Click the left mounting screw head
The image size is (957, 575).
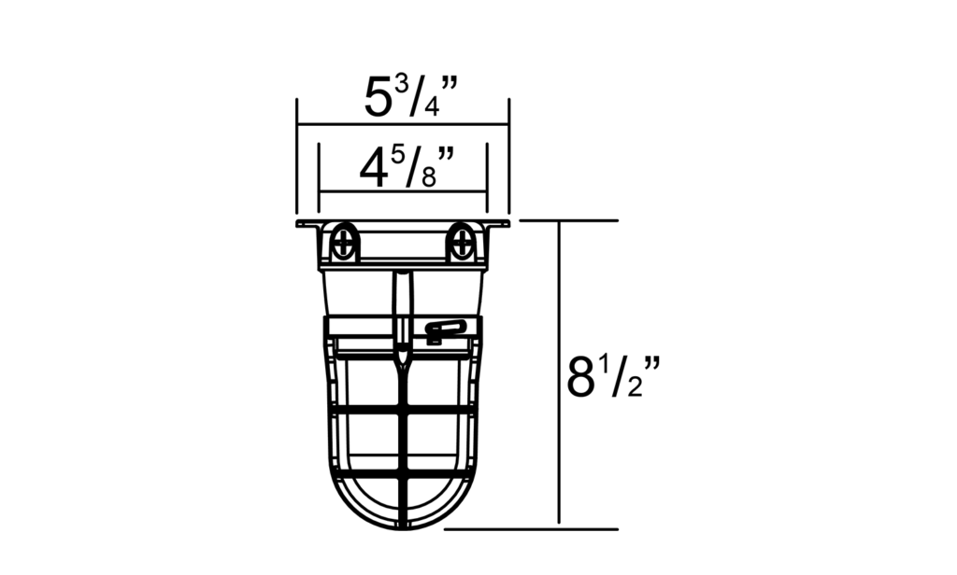point(345,245)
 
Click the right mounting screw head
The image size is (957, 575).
point(461,245)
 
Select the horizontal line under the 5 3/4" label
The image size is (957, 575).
point(402,124)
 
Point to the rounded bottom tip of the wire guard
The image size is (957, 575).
point(403,527)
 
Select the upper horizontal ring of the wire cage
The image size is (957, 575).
point(403,408)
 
